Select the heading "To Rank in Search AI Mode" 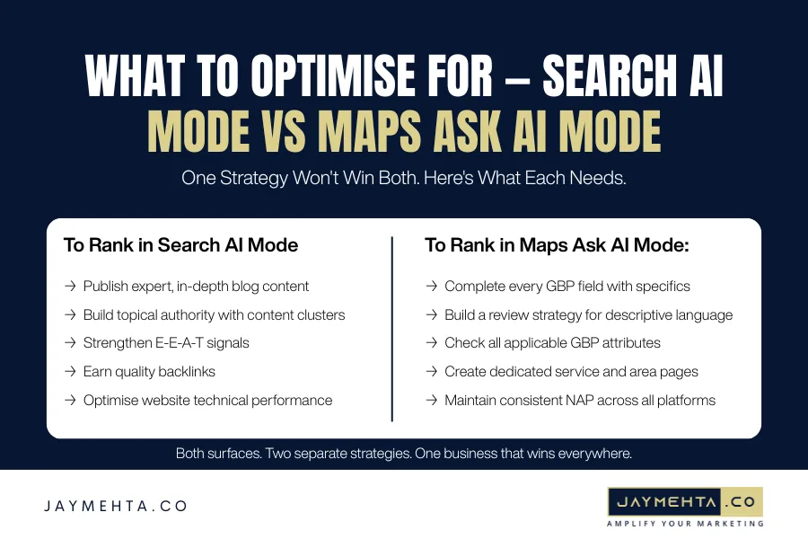(180, 245)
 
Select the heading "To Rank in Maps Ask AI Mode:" (557, 245)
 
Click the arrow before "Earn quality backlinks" (70, 372)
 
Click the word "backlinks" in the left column (185, 372)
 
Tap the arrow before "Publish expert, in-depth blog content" (70, 287)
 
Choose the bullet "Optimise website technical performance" (207, 401)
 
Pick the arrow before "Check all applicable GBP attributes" (431, 343)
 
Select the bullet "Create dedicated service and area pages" (571, 372)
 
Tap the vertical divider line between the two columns (392, 328)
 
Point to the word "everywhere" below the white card (601, 454)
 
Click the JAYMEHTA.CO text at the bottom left (116, 506)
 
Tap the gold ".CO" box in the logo (736, 500)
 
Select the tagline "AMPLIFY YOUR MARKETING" (685, 523)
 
